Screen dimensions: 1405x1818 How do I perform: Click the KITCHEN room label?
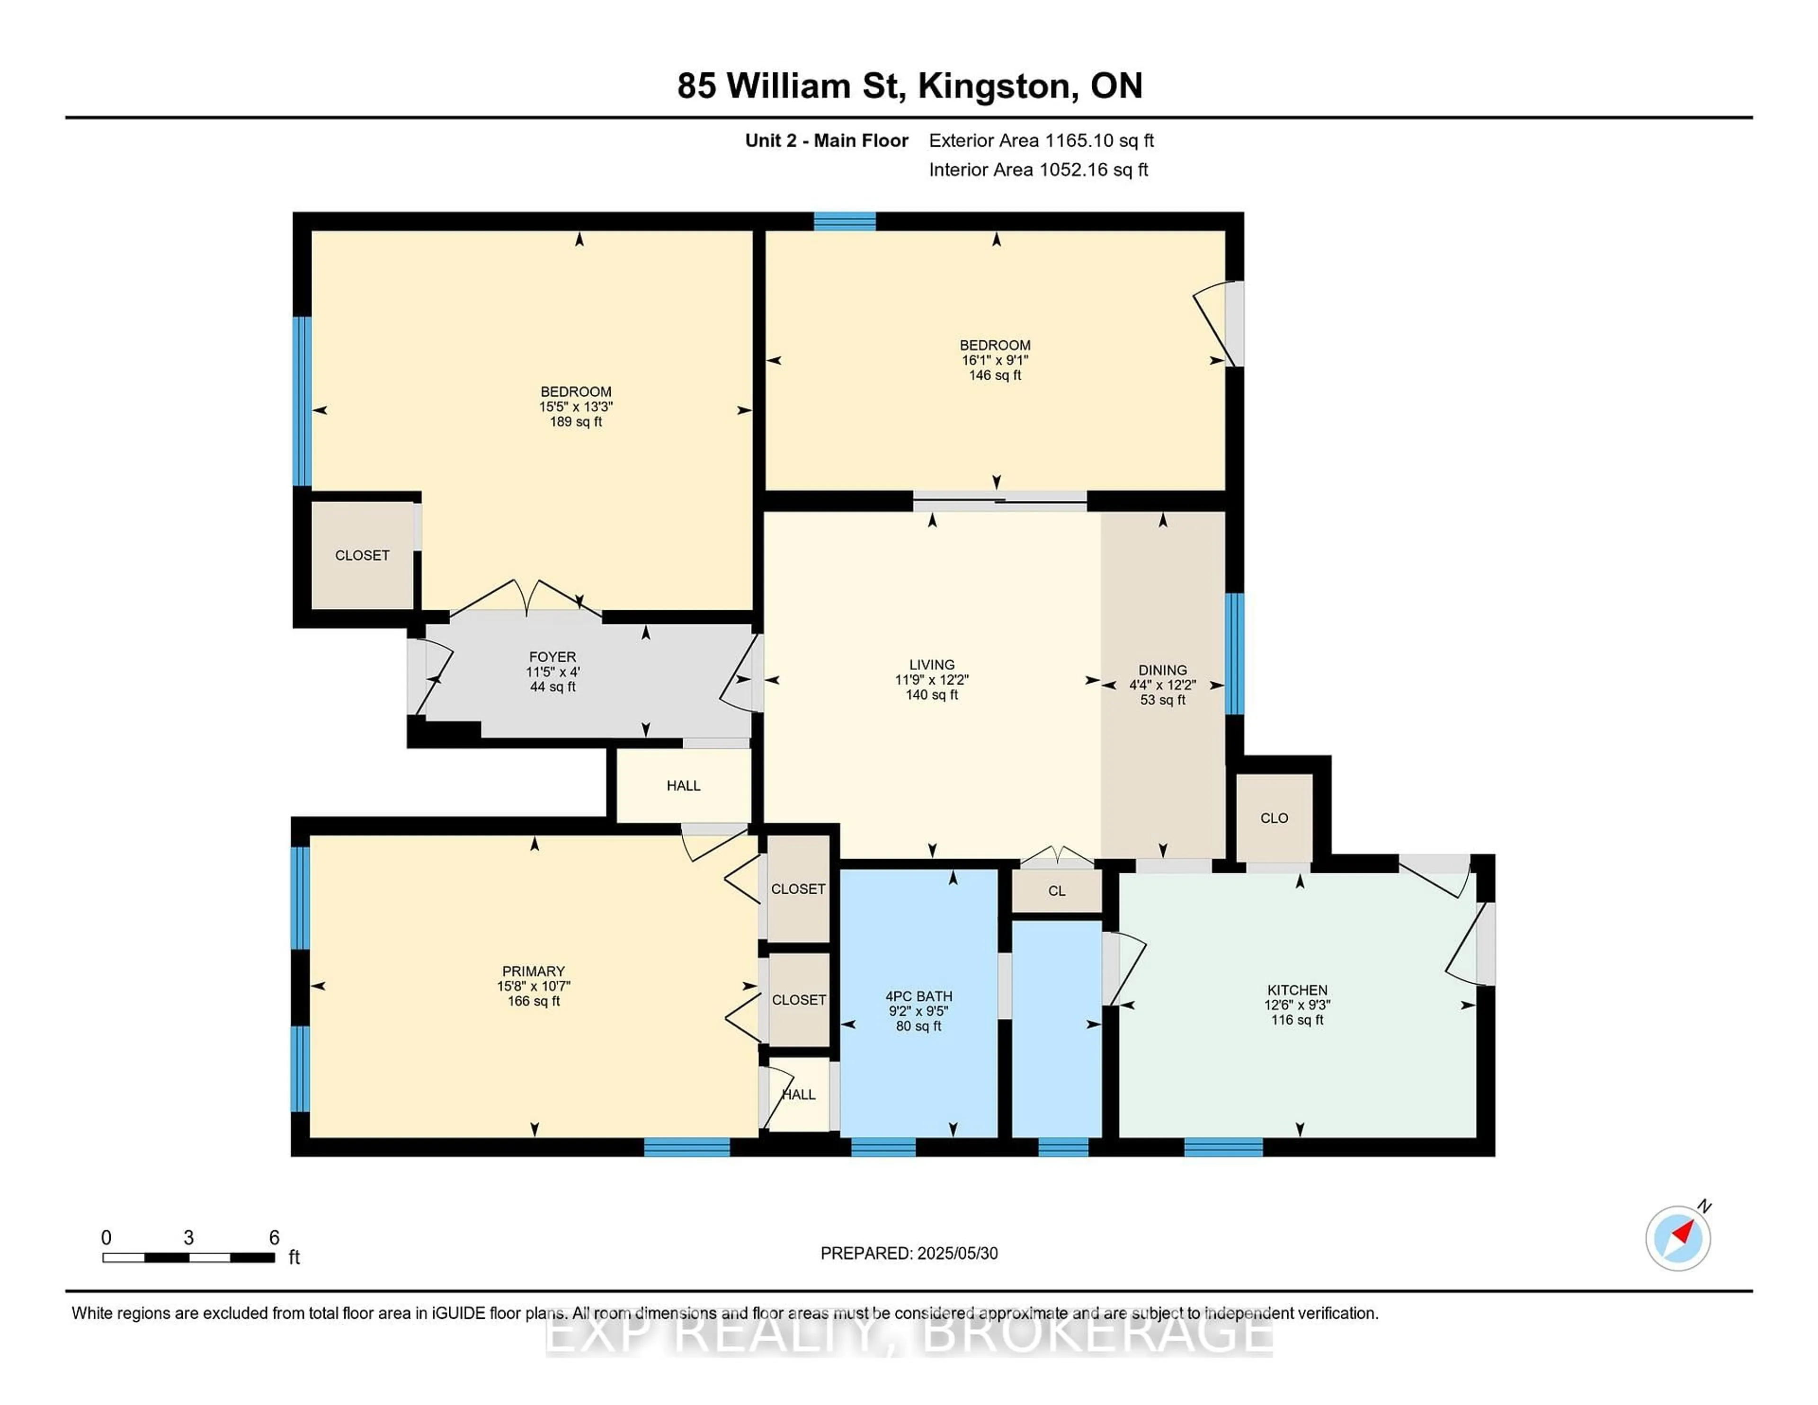coord(1297,990)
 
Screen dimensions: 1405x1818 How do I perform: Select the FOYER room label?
coord(552,657)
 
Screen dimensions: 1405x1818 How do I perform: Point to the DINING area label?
coord(1162,670)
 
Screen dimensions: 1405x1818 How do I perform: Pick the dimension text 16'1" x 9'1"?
coord(995,360)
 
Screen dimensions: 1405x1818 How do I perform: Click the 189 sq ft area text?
coord(575,422)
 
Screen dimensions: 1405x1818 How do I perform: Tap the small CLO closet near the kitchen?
coord(1274,818)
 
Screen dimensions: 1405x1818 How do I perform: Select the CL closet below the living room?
coord(1056,890)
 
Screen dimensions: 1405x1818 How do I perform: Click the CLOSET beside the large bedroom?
coord(362,555)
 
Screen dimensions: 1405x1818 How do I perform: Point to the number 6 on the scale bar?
coord(274,1238)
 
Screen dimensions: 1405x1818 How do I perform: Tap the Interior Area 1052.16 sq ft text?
coord(1038,170)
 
